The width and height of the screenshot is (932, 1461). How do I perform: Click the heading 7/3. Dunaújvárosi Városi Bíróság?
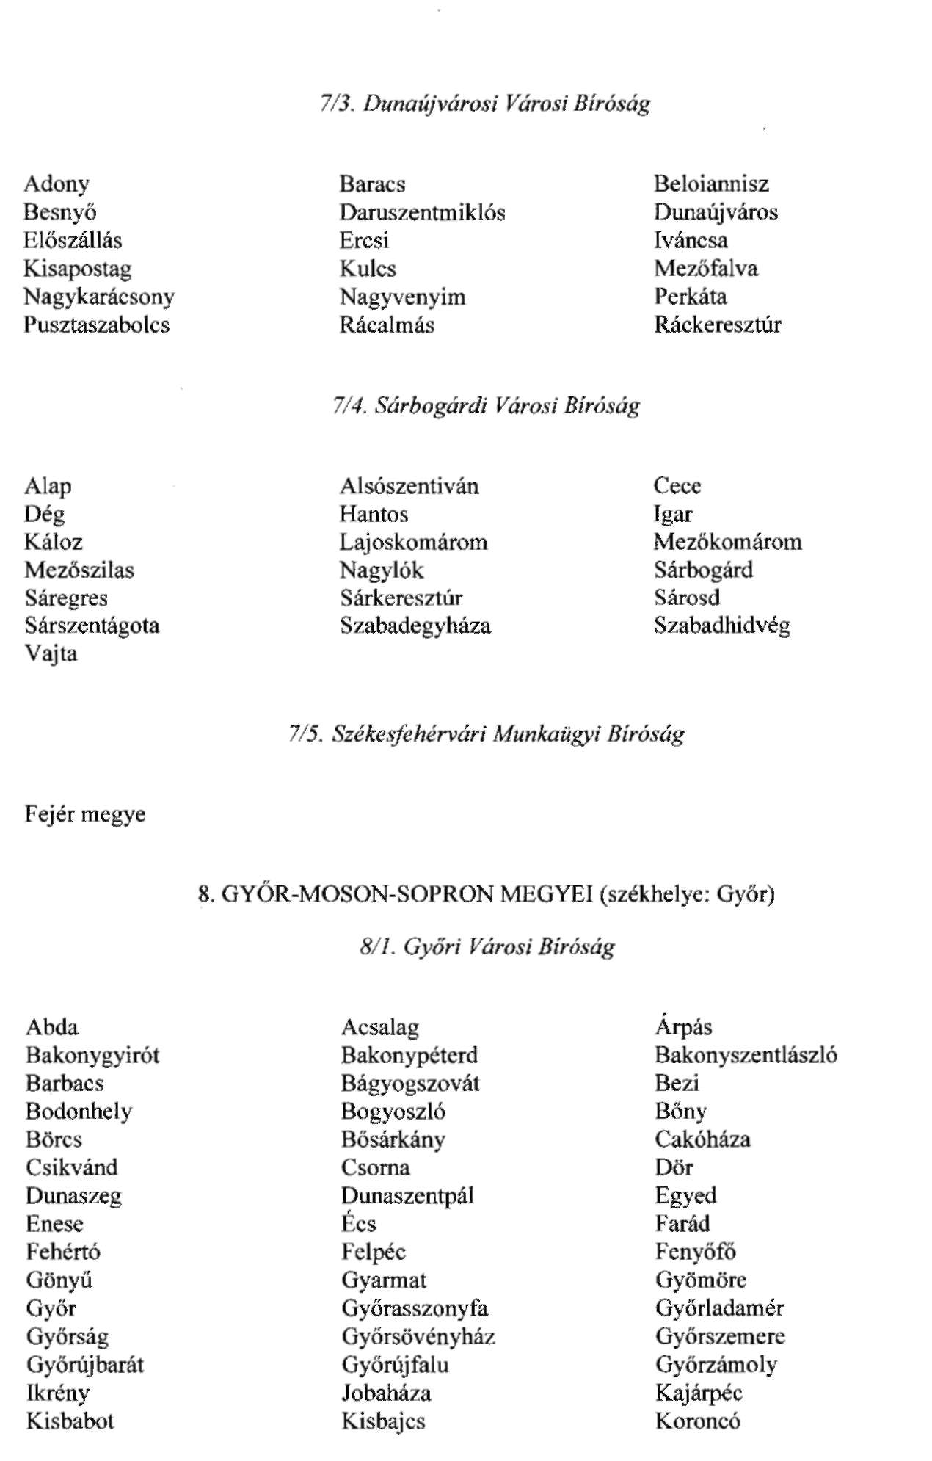[x=485, y=104]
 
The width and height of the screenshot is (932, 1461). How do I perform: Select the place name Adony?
[x=57, y=184]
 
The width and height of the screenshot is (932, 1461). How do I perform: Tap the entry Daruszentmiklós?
[x=422, y=212]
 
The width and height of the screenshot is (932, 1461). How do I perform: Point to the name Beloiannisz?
[x=711, y=184]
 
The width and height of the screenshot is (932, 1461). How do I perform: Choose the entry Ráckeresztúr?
[x=717, y=325]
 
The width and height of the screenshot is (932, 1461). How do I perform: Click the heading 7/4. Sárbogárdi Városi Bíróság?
[x=485, y=405]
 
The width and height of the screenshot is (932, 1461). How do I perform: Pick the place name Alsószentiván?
[x=409, y=486]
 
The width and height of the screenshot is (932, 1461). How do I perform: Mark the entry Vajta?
[x=51, y=653]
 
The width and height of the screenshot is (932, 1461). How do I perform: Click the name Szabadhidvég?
[x=721, y=626]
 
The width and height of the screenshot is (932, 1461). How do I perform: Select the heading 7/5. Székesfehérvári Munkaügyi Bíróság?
[x=485, y=733]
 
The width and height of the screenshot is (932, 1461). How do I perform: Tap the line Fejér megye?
[x=85, y=814]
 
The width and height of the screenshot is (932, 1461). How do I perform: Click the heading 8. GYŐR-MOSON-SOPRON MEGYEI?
[x=485, y=894]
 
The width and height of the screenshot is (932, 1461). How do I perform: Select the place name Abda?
[x=51, y=1027]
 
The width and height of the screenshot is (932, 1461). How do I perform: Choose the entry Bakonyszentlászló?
[x=746, y=1055]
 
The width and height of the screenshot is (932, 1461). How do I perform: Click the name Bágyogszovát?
[x=410, y=1083]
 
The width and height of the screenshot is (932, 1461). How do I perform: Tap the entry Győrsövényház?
[x=418, y=1336]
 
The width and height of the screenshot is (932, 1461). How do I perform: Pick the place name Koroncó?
[x=697, y=1421]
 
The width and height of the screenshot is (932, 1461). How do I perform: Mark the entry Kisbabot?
[x=70, y=1421]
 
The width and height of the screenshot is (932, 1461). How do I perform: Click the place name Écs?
[x=358, y=1224]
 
